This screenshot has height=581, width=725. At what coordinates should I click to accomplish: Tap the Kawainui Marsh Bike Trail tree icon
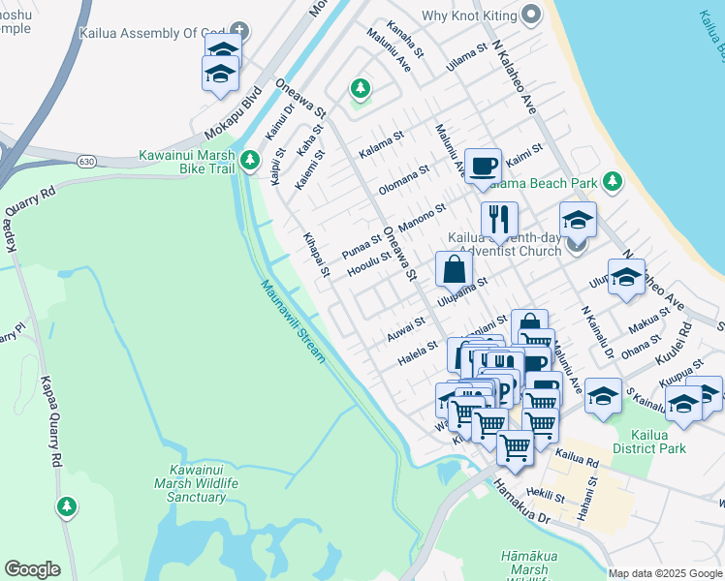pyautogui.click(x=251, y=159)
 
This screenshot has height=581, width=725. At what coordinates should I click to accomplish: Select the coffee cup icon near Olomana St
pyautogui.click(x=482, y=166)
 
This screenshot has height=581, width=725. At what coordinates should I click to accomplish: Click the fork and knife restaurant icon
pyautogui.click(x=499, y=219)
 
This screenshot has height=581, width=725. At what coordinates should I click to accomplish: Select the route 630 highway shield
pyautogui.click(x=88, y=163)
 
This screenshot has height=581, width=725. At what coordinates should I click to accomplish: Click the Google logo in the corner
pyautogui.click(x=32, y=569)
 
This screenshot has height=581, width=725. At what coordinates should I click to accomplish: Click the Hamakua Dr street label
pyautogui.click(x=522, y=505)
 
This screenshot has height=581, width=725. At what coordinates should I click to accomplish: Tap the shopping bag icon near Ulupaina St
pyautogui.click(x=454, y=269)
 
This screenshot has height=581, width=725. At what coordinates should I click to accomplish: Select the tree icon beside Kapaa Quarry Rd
pyautogui.click(x=66, y=505)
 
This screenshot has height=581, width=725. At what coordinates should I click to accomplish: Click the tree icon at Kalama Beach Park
pyautogui.click(x=612, y=181)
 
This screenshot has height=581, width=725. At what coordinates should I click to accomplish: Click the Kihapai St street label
pyautogui.click(x=316, y=256)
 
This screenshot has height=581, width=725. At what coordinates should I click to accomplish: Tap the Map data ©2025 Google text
pyautogui.click(x=665, y=573)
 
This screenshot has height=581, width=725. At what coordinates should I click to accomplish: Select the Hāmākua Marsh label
pyautogui.click(x=528, y=563)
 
